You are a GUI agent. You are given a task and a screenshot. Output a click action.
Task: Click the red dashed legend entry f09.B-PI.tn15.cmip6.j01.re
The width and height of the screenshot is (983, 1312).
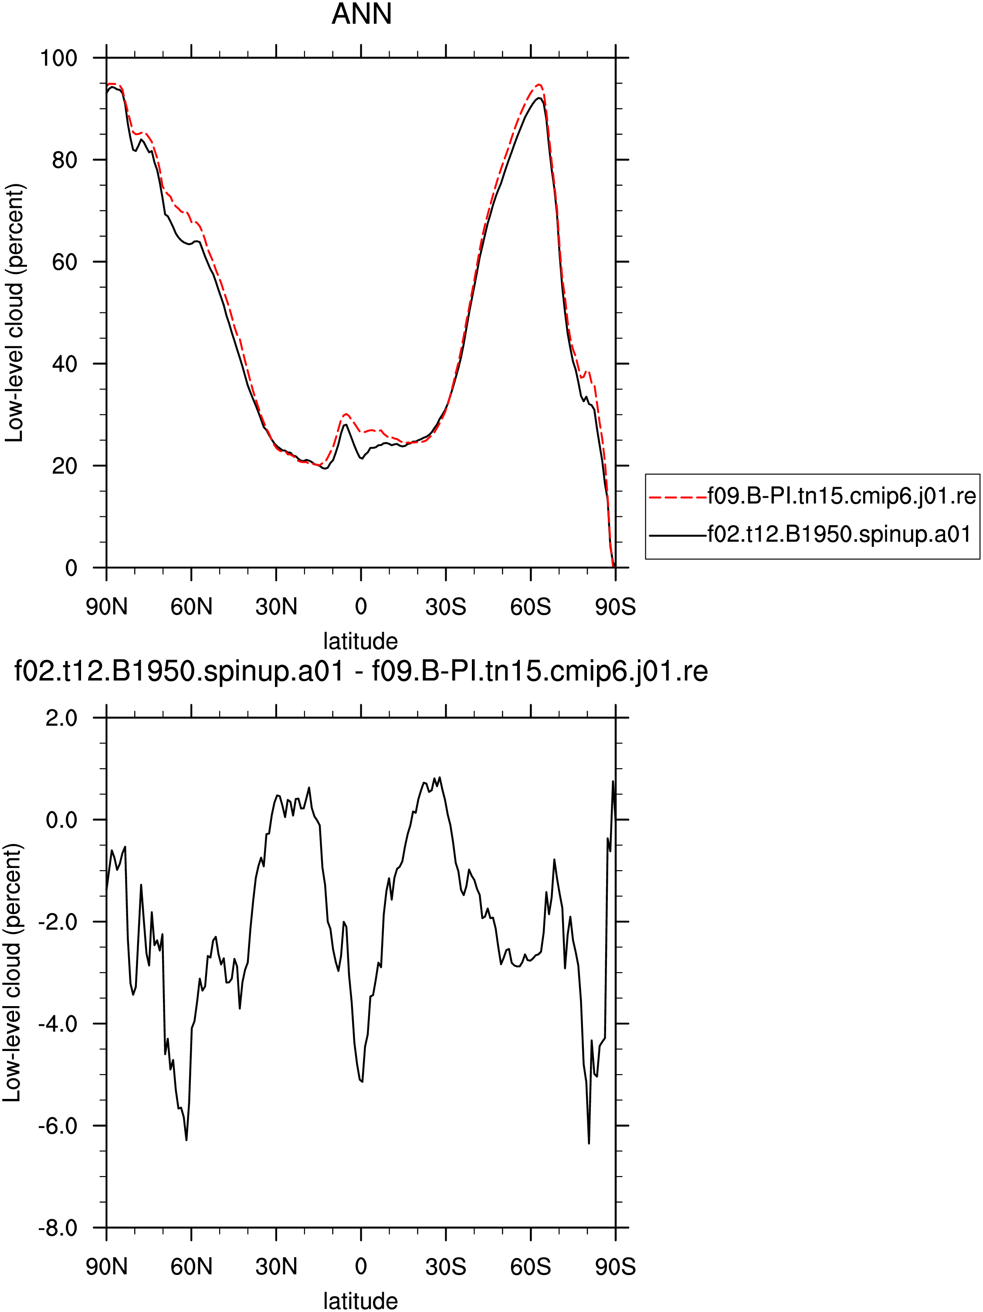812,496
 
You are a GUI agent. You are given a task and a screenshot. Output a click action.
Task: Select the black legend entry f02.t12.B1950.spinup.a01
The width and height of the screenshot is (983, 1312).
810,534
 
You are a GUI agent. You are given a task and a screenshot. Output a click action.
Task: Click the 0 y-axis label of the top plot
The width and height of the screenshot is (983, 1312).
71,568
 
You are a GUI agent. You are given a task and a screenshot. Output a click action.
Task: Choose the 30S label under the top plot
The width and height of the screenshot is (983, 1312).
445,607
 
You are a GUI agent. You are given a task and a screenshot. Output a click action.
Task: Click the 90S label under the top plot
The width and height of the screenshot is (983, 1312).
615,607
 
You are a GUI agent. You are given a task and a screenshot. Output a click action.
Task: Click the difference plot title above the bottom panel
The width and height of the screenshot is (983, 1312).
361,671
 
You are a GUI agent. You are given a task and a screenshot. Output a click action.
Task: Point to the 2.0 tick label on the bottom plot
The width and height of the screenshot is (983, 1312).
62,718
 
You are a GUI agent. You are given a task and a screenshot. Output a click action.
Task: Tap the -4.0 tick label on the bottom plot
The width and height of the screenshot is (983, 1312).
58,1024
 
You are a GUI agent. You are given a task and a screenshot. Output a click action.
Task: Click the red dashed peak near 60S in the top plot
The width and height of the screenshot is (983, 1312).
539,85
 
